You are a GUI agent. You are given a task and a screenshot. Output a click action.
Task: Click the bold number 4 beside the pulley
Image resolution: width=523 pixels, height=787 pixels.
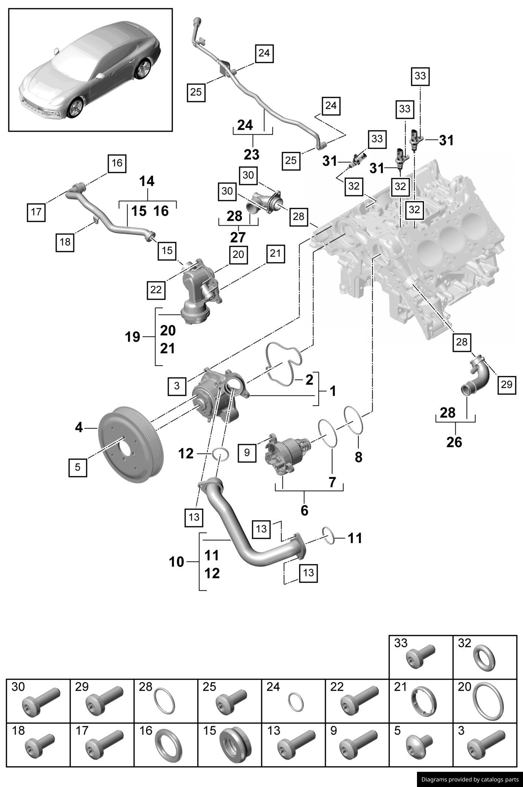click(x=79, y=427)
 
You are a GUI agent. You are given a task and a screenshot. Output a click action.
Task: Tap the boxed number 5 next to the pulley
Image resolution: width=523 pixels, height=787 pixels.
click(x=77, y=467)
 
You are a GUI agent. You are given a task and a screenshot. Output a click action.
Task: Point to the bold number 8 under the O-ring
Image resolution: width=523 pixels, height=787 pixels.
click(x=358, y=457)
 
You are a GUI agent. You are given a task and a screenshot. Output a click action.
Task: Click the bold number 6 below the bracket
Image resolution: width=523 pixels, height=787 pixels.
click(x=304, y=510)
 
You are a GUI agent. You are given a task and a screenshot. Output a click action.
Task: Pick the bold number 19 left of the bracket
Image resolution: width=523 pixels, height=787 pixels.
click(x=133, y=337)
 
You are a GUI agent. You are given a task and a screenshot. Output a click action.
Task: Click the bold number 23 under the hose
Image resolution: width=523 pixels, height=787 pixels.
click(x=252, y=154)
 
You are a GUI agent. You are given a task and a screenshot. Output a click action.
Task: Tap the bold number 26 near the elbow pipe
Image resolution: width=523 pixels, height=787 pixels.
click(x=454, y=442)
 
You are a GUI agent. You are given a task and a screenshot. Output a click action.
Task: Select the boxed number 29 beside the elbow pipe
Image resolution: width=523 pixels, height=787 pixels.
click(x=506, y=384)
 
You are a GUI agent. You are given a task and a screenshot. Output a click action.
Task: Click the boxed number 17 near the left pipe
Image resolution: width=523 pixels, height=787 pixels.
click(x=36, y=212)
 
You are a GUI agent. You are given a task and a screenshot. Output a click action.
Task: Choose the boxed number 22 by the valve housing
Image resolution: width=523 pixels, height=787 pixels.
click(x=156, y=289)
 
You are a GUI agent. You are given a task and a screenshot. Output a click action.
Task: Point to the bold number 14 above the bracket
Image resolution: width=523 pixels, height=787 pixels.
click(x=147, y=181)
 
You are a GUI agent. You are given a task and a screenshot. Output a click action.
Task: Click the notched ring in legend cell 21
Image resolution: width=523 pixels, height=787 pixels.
click(x=423, y=703)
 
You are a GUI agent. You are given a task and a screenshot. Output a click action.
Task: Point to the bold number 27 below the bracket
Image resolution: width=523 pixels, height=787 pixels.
click(x=238, y=237)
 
